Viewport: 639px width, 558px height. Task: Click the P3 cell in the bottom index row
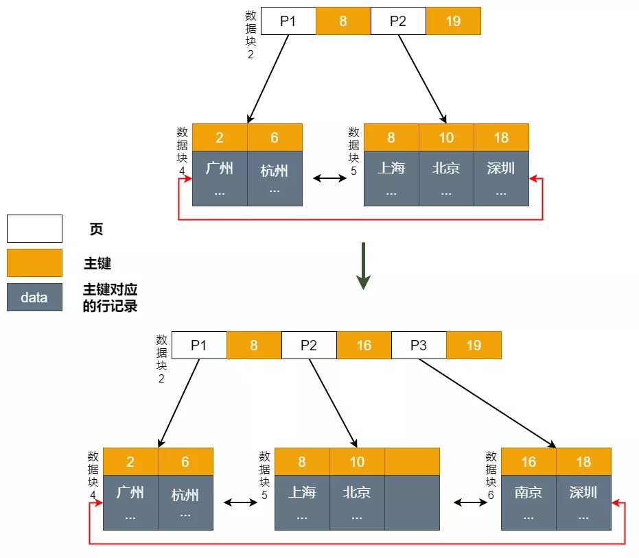point(419,345)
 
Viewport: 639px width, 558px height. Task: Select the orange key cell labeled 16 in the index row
point(364,345)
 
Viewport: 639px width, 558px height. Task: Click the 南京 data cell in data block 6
point(528,502)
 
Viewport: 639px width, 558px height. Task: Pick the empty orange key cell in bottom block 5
point(412,461)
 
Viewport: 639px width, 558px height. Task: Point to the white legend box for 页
point(34,228)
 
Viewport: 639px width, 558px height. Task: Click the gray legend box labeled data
point(34,298)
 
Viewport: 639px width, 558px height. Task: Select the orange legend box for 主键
point(34,263)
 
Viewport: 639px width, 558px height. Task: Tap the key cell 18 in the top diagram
point(501,137)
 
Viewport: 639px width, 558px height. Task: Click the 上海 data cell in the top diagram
point(391,178)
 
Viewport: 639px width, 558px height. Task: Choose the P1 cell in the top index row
point(288,21)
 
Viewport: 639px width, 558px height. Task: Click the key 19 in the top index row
point(453,21)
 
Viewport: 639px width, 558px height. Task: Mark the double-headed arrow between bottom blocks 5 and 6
point(470,502)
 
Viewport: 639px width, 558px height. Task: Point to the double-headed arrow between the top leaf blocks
point(330,178)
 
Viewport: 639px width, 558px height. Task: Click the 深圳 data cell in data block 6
point(583,502)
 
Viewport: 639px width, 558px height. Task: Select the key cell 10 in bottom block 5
point(357,461)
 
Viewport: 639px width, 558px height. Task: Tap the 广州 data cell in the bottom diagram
point(130,502)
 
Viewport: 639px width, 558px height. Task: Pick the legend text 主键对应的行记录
point(110,298)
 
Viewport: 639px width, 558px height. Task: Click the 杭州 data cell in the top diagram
point(275,178)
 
